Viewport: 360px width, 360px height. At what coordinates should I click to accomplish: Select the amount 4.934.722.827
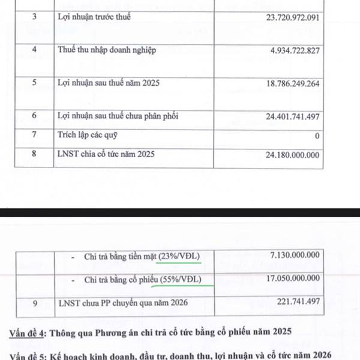(x=290, y=50)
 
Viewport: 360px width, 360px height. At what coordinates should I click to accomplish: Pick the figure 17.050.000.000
(x=293, y=280)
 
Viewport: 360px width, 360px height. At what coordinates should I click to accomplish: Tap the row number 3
(x=35, y=17)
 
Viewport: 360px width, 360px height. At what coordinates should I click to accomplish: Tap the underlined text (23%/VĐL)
(x=178, y=257)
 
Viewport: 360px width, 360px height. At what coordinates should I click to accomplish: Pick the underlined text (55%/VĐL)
(x=180, y=280)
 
